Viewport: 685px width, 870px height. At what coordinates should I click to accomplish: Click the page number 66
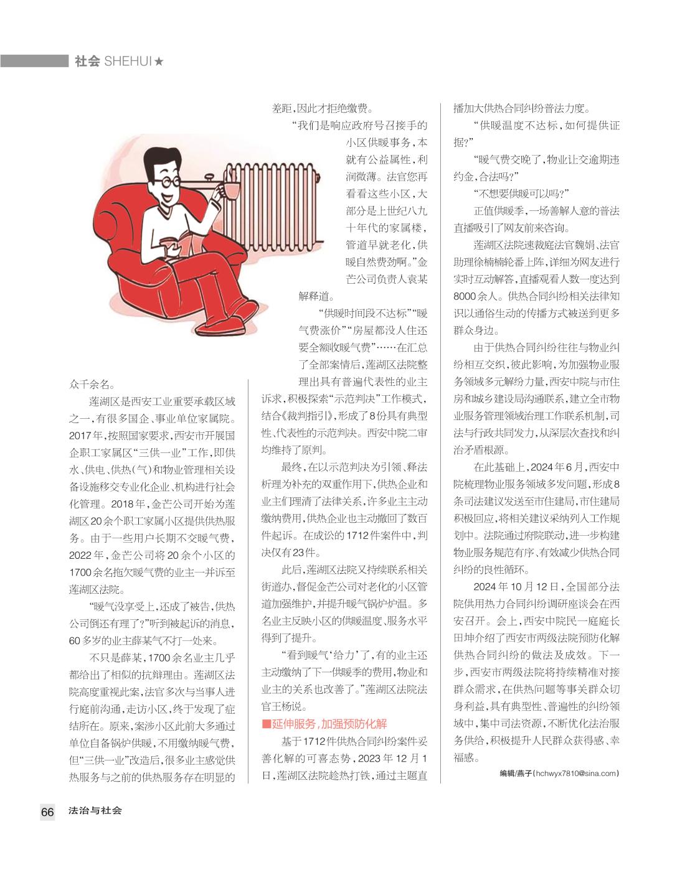coord(48,812)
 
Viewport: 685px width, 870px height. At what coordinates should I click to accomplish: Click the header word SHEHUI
coord(128,61)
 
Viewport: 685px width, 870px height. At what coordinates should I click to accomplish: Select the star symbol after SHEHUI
coord(159,61)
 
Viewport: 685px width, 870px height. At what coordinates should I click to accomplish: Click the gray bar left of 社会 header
coord(34,61)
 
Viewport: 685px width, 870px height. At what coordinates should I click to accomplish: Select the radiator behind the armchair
coord(274,205)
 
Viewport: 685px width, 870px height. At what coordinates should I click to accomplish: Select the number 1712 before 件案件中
coord(360,535)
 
